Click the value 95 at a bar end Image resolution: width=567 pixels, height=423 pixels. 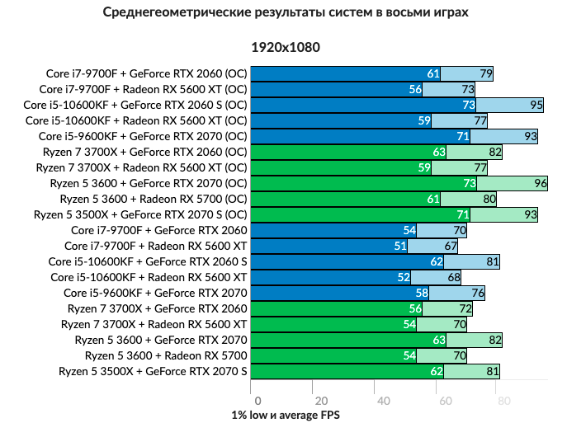(x=536, y=105)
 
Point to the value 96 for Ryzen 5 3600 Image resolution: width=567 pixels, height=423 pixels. (x=541, y=183)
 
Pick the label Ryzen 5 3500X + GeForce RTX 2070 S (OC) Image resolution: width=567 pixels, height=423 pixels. (x=140, y=214)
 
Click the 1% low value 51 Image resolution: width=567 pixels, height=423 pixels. (x=400, y=246)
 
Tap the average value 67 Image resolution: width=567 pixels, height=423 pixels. (x=451, y=246)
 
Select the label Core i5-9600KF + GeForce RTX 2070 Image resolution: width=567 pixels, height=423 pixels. (x=155, y=293)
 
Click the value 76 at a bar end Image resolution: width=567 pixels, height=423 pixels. (x=478, y=293)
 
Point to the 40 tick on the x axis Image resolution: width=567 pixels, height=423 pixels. (x=383, y=401)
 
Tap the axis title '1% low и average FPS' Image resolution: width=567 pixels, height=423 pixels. (x=286, y=415)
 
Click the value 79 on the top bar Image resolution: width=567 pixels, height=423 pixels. (x=486, y=73)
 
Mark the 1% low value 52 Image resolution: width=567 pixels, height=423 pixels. (x=404, y=277)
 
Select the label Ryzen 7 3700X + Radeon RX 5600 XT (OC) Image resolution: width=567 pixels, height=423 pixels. (x=141, y=167)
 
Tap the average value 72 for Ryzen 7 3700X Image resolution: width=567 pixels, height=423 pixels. (x=465, y=308)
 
